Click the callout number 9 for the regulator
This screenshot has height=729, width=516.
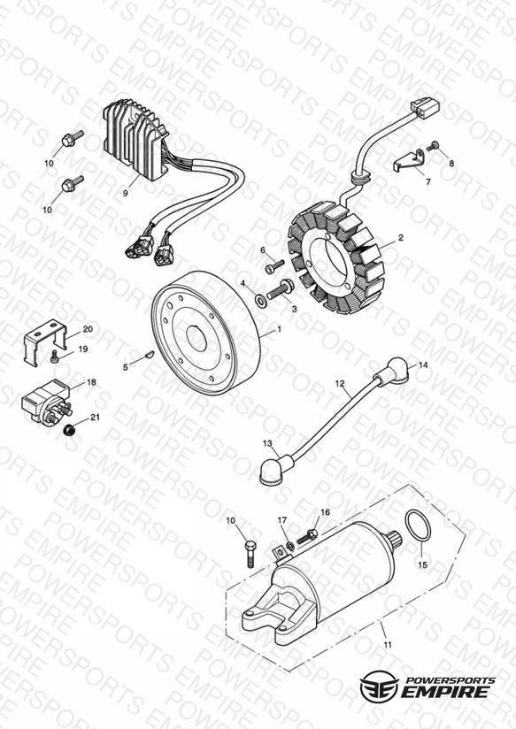(125, 194)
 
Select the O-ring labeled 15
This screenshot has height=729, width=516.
(417, 526)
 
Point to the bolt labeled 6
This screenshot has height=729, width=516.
(274, 267)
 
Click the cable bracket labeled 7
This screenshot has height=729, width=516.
(408, 160)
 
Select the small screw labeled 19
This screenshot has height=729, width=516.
(54, 358)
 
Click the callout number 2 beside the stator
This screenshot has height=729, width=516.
(401, 238)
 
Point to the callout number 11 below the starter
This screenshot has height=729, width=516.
(388, 645)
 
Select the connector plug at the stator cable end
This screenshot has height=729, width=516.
(427, 108)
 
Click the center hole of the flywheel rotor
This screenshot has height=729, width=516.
(196, 339)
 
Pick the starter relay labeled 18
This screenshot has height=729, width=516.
(46, 400)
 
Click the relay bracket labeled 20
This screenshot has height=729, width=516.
(45, 342)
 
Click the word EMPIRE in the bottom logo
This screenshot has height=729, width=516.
(446, 691)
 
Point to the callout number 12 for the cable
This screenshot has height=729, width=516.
(340, 384)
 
